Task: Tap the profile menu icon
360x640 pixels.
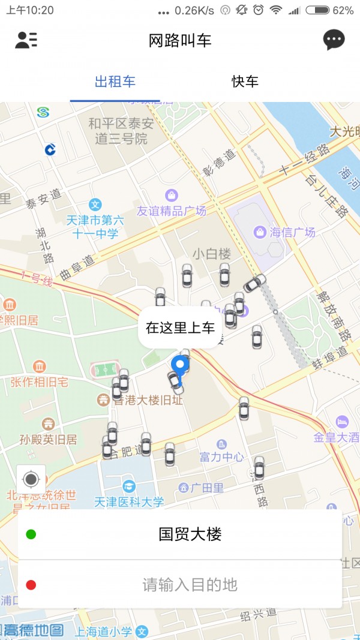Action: (26, 40)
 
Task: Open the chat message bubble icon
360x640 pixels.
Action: (334, 40)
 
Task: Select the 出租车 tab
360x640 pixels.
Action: (115, 82)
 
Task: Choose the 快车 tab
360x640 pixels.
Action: (245, 82)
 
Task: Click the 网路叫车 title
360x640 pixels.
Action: (180, 40)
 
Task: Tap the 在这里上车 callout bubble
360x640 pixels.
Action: (180, 327)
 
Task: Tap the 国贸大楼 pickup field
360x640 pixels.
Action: (190, 534)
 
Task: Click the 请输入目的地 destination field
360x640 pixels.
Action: (190, 584)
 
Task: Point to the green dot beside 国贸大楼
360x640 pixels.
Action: (31, 534)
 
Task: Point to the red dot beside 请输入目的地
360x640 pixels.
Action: (31, 584)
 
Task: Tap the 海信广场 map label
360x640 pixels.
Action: (292, 232)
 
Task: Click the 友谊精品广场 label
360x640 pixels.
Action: (172, 211)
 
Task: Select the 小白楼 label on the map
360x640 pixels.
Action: (212, 253)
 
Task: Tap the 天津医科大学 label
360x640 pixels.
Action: (128, 501)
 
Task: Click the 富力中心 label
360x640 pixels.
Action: (221, 457)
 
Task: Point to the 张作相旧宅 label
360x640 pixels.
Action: (39, 381)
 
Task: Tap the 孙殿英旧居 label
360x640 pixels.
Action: (48, 439)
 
